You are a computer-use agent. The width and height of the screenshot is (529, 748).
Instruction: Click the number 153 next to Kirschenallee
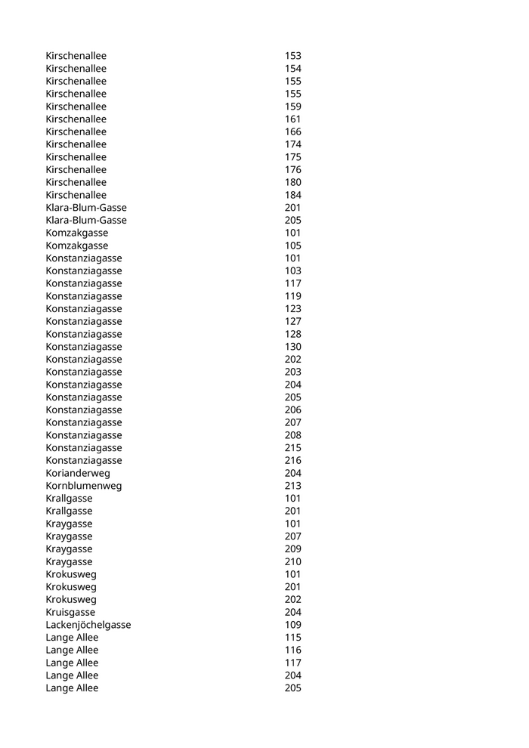click(292, 56)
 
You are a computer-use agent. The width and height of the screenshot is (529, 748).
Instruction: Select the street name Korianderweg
click(78, 473)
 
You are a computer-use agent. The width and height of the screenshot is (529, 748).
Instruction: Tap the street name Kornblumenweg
click(83, 486)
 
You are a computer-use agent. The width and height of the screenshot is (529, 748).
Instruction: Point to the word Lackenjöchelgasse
click(88, 625)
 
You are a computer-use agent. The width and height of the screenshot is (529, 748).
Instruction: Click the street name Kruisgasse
click(70, 612)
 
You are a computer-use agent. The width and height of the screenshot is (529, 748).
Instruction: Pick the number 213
click(292, 486)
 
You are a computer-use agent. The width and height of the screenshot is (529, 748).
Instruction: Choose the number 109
click(292, 625)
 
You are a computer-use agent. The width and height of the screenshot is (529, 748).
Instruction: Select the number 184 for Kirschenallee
click(292, 195)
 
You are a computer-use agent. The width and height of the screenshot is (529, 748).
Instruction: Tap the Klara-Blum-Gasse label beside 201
click(86, 208)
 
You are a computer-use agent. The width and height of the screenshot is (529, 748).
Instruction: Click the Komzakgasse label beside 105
click(76, 246)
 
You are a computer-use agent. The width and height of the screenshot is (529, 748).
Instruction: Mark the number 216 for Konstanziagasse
click(292, 460)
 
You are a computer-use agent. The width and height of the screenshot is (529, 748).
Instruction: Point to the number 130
click(292, 347)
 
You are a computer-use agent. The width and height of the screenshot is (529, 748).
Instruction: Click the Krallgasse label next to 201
click(69, 511)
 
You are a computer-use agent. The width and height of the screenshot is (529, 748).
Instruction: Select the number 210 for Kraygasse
click(292, 561)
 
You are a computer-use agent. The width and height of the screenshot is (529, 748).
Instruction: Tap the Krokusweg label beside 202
click(71, 599)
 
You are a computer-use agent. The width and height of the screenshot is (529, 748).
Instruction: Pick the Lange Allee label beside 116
click(72, 650)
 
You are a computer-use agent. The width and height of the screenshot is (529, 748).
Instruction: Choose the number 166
click(292, 131)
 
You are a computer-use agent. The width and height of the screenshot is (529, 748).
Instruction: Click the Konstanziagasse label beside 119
click(84, 296)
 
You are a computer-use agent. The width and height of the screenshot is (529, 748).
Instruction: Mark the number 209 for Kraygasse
click(292, 549)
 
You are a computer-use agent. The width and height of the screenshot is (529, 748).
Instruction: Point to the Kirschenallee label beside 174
click(76, 144)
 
